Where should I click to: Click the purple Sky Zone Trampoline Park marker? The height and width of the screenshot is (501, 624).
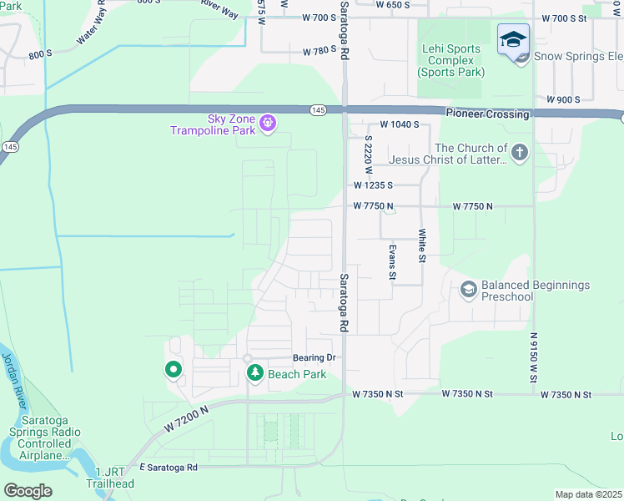[x=267, y=124]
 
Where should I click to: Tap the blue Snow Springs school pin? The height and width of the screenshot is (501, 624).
[x=513, y=40]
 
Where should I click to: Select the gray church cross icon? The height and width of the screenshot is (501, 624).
[x=520, y=152]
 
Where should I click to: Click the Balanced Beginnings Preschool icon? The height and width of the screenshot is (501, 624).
[x=468, y=289]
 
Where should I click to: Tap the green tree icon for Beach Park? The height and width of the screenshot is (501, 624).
[x=254, y=373]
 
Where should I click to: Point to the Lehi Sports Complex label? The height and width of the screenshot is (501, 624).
[x=450, y=60]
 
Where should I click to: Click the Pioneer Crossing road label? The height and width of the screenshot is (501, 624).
[x=487, y=114]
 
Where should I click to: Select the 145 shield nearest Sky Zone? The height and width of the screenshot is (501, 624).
[x=318, y=109]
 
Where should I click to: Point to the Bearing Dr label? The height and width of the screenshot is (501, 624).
[x=313, y=357]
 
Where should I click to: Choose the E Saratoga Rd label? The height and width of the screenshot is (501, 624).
[x=169, y=467]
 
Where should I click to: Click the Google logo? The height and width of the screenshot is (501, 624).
[x=28, y=491]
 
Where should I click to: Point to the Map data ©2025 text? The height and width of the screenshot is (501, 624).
[x=588, y=494]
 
